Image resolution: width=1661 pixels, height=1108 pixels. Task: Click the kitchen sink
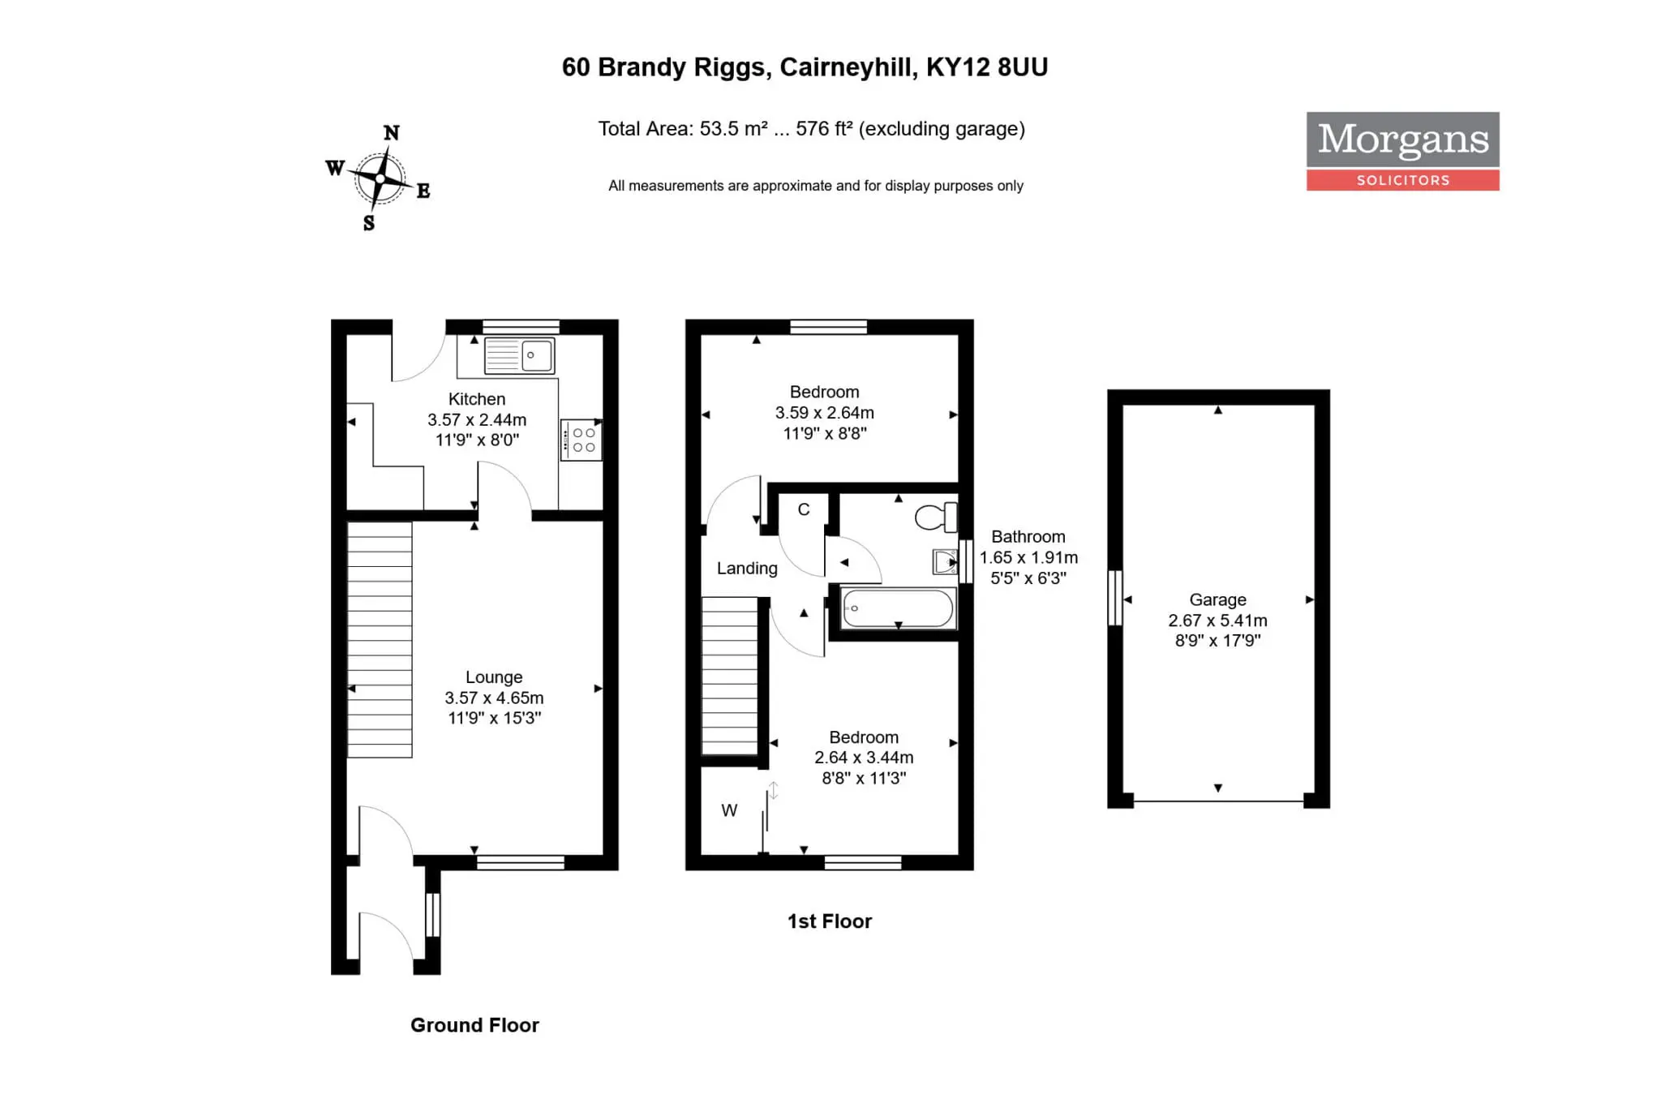click(x=520, y=356)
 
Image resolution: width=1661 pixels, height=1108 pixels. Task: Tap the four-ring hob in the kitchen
click(x=581, y=440)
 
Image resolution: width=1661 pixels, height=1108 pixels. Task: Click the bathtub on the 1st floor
click(x=899, y=608)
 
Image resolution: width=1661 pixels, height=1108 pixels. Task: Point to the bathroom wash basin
click(x=945, y=561)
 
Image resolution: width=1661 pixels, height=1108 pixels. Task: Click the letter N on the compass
click(x=391, y=132)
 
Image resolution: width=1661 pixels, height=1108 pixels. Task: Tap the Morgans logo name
click(x=1403, y=140)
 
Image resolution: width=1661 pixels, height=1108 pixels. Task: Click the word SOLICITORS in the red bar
click(x=1403, y=180)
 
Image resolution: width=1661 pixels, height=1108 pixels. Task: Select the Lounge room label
click(x=494, y=677)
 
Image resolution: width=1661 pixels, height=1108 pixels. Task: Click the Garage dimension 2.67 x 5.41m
click(x=1217, y=621)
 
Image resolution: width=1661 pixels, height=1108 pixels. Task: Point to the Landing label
click(x=747, y=569)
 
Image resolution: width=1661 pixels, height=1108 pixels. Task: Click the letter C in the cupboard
click(x=804, y=509)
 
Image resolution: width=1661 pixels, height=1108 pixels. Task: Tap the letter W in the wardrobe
click(x=729, y=810)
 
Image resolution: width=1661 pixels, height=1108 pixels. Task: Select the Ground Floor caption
click(x=474, y=1025)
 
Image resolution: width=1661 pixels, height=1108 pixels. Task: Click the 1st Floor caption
click(x=830, y=921)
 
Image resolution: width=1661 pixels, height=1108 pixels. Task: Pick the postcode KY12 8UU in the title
click(x=987, y=67)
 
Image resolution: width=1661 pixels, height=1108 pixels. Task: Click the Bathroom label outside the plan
click(x=1028, y=537)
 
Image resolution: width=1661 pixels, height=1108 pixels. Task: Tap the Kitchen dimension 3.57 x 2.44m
click(x=477, y=420)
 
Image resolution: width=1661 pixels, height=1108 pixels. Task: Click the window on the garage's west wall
click(x=1115, y=598)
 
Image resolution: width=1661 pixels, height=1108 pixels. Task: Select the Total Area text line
click(x=812, y=129)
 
